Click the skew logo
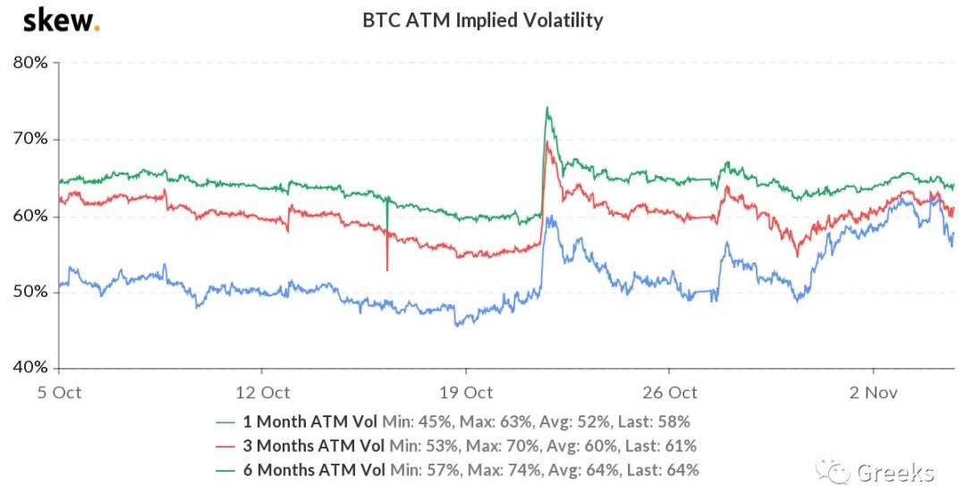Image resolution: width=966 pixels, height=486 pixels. point(61,21)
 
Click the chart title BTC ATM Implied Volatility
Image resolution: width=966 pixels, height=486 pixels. point(482,20)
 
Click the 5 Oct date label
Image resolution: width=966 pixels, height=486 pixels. point(58,392)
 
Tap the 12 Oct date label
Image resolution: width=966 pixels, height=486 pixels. point(261,392)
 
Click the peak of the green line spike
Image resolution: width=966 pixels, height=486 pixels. point(547,108)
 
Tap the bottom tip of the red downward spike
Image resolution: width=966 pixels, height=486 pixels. point(387,269)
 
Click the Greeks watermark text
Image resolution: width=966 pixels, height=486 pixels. point(894,472)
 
